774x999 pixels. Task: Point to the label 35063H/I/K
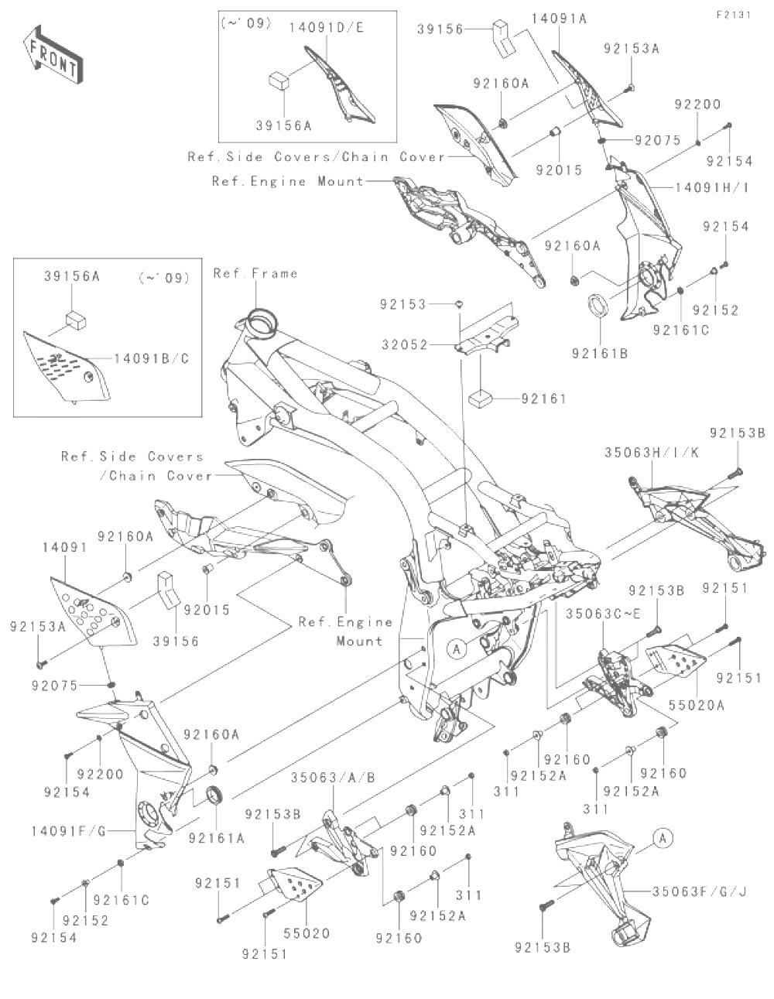pos(652,453)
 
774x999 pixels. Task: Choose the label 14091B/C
pos(151,358)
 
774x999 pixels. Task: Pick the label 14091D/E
pos(326,27)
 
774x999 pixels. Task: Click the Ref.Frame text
pos(255,273)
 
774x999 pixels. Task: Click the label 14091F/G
pos(67,831)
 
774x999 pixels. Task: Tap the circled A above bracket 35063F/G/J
pos(662,836)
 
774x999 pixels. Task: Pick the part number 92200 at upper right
pos(697,104)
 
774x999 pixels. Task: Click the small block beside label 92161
pos(481,399)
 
